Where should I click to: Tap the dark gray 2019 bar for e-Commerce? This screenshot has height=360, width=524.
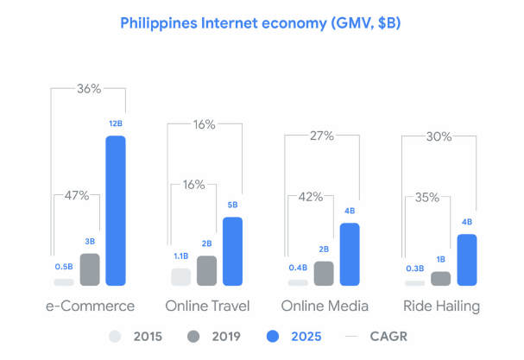coord(90,269)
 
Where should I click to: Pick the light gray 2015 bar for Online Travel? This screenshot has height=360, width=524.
coord(180,277)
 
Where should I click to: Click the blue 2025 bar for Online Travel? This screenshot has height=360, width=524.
coord(233,250)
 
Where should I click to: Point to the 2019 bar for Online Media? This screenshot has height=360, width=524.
coord(324,274)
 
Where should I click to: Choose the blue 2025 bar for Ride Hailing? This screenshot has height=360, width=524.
coord(467,259)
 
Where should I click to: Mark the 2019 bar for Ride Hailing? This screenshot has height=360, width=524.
coord(440,278)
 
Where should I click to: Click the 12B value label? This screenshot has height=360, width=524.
coord(116,123)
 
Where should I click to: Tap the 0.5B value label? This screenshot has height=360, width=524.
coord(63,266)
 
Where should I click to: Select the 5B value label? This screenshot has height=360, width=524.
coord(233,205)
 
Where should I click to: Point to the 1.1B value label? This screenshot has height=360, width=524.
coord(180,256)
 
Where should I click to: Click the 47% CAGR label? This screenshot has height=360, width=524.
coord(77,195)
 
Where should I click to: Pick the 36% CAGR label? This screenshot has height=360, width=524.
coord(89,88)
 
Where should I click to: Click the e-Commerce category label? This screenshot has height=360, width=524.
coord(91,306)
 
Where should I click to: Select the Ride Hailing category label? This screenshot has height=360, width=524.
coord(441,306)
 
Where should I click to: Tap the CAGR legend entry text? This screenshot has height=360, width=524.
coord(391,336)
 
